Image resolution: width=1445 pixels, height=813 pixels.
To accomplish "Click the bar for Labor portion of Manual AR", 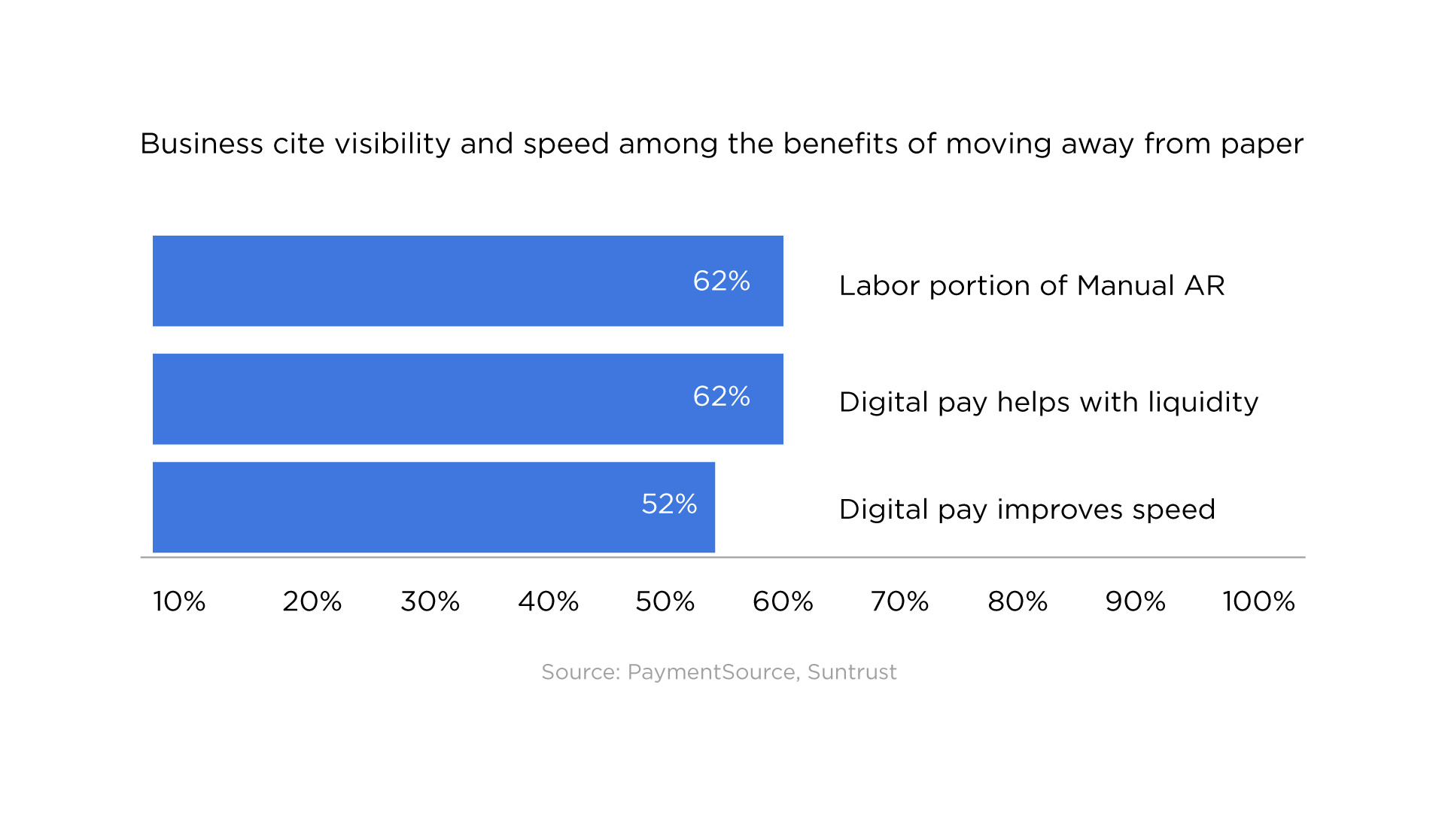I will pos(467,281).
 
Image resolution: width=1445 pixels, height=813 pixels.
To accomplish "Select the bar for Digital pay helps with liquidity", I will pos(467,399).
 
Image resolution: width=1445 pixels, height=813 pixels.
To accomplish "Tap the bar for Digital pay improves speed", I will pos(433,507).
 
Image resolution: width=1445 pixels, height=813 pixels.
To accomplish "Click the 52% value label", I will pos(669,504).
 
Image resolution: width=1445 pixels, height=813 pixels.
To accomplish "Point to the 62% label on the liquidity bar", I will pos(721,396).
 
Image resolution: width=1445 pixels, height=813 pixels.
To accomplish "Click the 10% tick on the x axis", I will pos(179,601).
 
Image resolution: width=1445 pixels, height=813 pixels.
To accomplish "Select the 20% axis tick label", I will pos(312,601).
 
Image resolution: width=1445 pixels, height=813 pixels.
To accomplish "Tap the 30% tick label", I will pos(430,601).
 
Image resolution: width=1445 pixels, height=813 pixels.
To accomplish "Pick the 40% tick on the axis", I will pos(548,601).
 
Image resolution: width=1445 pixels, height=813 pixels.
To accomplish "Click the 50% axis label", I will pos(665,601).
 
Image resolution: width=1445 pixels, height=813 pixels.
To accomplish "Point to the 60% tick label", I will pos(783,601).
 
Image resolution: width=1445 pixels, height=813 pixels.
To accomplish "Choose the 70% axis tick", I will pos(899,601).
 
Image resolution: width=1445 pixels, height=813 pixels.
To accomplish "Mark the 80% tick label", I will pos(1018,601).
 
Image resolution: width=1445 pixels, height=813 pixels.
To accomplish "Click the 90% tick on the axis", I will pos(1135,601).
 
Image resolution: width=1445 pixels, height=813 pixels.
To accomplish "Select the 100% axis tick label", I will pos(1258,601).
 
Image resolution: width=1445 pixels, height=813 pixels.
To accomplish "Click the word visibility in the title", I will pos(392,144).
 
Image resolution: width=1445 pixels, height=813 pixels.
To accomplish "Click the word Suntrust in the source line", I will pos(852,671).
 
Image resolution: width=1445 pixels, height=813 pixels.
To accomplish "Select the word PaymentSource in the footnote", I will pos(711,672).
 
